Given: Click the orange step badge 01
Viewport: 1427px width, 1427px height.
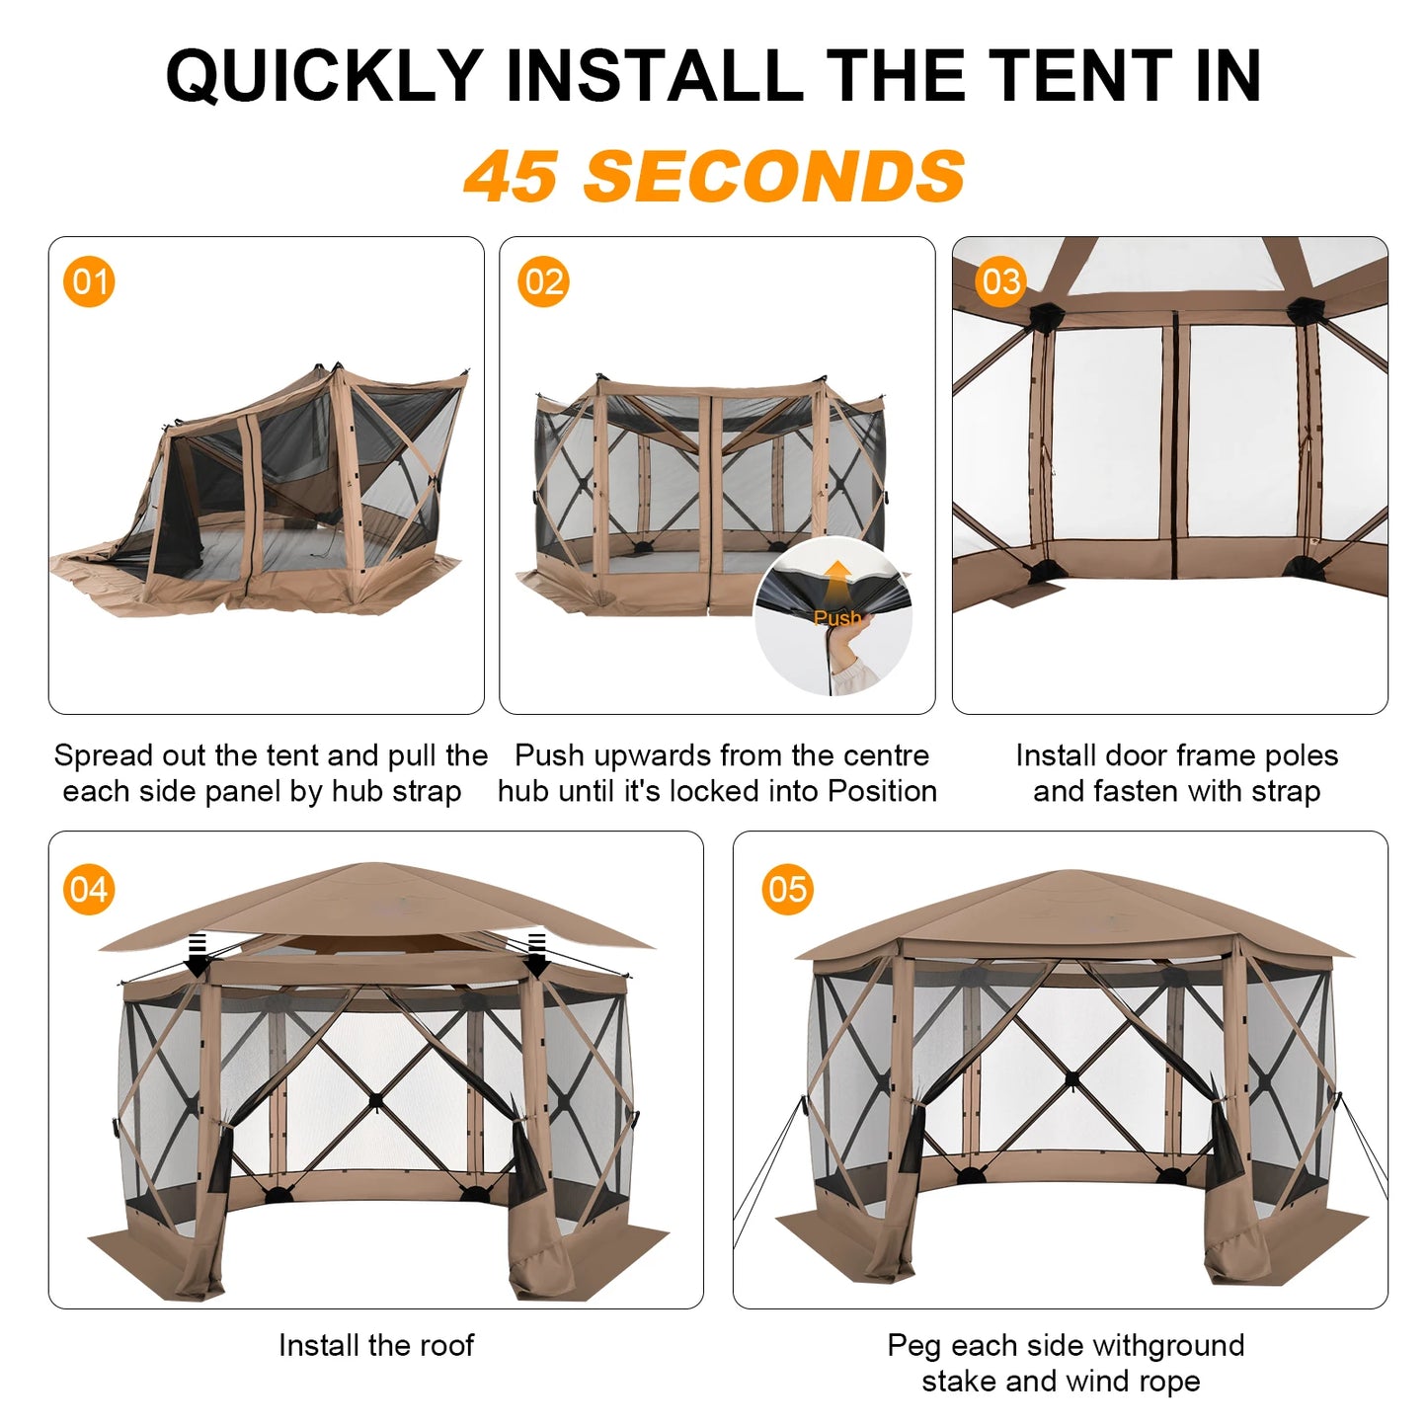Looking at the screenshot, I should coord(89,282).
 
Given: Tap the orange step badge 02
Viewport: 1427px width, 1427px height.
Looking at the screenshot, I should coord(543,282).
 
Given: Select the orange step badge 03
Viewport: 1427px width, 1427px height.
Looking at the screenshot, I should coord(999,282).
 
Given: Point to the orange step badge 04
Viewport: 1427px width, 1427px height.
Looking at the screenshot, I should coord(89,890).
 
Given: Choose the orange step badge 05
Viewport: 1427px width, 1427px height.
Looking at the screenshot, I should coord(787,890).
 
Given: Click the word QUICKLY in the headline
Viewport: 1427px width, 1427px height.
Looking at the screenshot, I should coord(323,76).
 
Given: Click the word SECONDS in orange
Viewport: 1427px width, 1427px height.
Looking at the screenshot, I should coord(774,177).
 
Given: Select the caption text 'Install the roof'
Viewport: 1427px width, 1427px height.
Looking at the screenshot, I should coord(376,1345).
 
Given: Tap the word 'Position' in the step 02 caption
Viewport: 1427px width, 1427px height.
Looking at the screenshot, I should coord(882,791).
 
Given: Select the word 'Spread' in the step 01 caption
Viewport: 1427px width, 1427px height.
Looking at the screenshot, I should coord(104,755).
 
